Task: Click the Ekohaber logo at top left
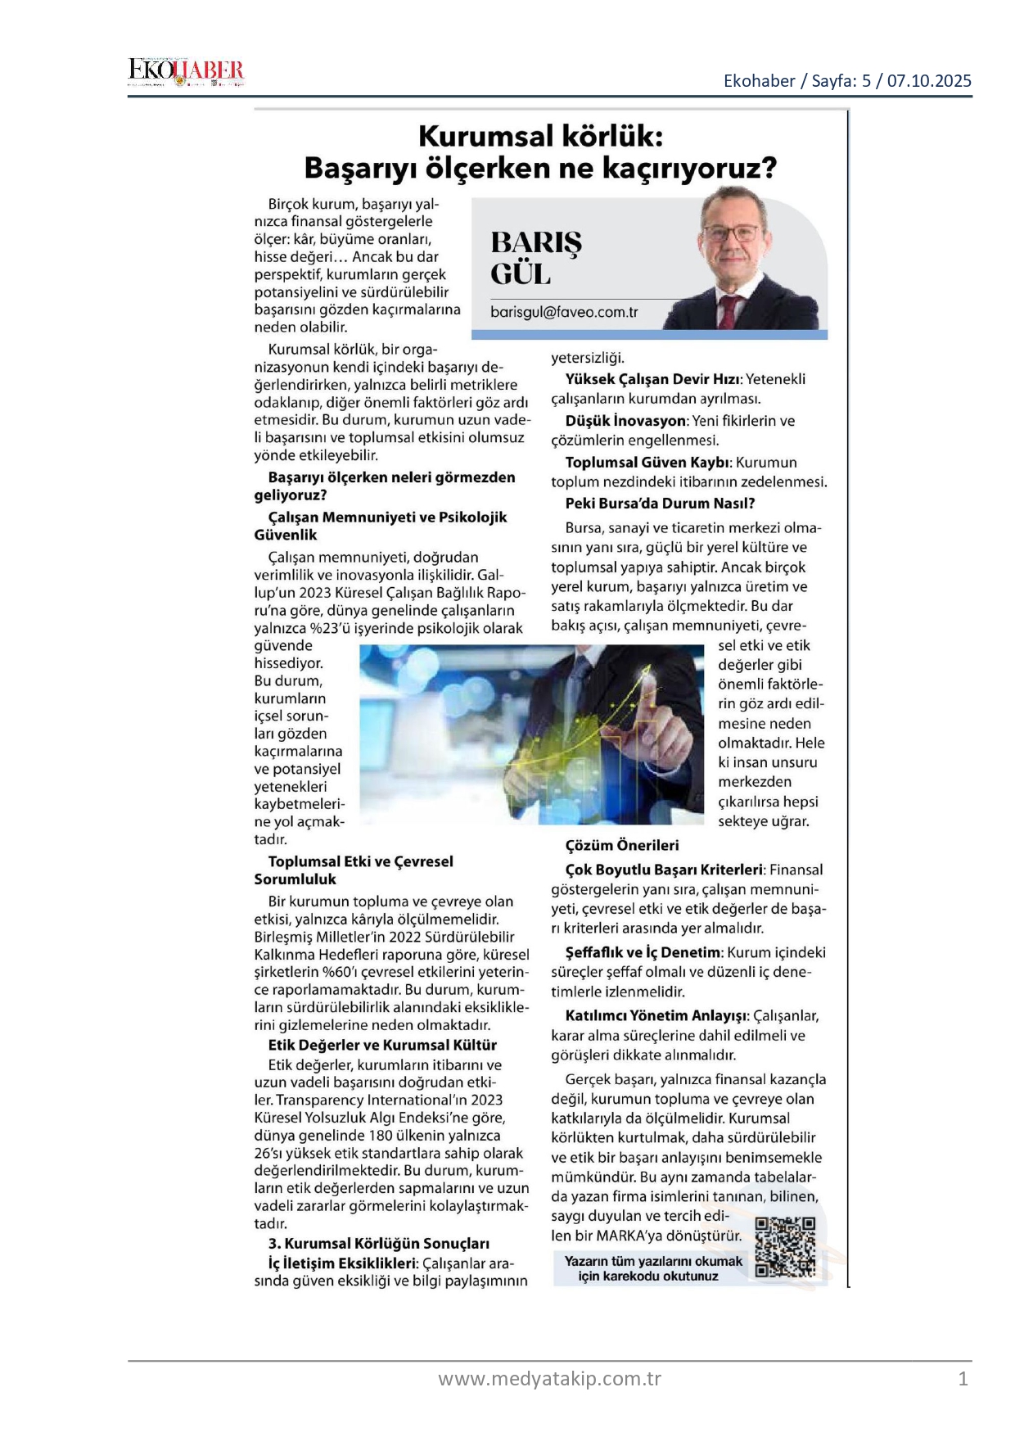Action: [x=186, y=72]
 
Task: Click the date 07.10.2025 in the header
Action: [x=929, y=80]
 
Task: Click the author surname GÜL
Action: [x=521, y=273]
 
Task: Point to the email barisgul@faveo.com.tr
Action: [x=564, y=312]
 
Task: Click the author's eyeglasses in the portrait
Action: [x=731, y=233]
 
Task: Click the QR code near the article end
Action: [x=785, y=1247]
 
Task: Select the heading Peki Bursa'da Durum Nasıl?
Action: [x=660, y=504]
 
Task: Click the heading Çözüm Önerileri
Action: [x=622, y=845]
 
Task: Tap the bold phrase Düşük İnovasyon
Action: [x=625, y=421]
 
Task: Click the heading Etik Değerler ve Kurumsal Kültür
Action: [x=382, y=1045]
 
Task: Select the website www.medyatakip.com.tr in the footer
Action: [x=549, y=1379]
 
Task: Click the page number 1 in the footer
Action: [x=963, y=1379]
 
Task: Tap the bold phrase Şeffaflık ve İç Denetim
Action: [x=643, y=952]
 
